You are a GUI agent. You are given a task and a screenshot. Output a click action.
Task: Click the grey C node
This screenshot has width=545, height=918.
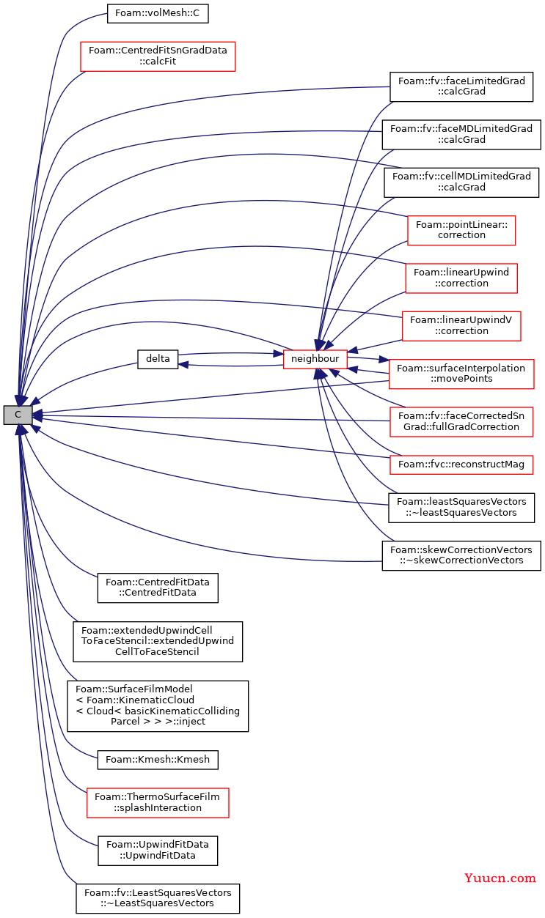[x=18, y=415]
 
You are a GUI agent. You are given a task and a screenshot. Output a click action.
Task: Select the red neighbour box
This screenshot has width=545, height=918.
[x=315, y=359]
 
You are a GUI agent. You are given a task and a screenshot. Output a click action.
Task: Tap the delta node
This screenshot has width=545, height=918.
[x=158, y=359]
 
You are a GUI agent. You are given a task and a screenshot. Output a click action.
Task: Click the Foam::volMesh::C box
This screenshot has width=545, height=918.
[x=158, y=13]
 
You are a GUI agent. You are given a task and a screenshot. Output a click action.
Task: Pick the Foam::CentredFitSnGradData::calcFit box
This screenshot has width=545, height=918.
[x=158, y=56]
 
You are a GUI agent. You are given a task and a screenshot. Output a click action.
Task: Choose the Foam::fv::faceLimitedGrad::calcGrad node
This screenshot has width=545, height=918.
[x=461, y=86]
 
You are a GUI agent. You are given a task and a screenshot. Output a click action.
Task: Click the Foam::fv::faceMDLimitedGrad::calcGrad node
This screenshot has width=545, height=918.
[x=461, y=134]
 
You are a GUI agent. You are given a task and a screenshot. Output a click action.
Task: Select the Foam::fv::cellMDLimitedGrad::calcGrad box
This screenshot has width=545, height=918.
[x=461, y=182]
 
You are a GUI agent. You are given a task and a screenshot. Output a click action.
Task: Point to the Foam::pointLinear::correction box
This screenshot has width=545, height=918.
[x=461, y=230]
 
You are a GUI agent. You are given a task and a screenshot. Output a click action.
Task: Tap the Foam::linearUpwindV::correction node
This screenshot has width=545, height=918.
[x=461, y=326]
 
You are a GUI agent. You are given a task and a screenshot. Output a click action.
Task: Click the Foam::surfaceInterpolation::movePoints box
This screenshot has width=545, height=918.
[x=461, y=374]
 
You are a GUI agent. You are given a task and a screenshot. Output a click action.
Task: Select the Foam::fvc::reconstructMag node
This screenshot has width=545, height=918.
[x=461, y=464]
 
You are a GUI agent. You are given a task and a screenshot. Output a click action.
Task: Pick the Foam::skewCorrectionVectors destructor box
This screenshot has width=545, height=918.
[x=461, y=555]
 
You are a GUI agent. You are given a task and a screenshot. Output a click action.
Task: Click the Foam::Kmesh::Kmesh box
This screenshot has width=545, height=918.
[x=158, y=760]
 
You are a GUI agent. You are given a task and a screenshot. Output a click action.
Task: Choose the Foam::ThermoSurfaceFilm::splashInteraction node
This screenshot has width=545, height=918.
[x=158, y=803]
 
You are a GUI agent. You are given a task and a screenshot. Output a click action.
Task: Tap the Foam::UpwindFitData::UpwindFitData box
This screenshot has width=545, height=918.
[x=158, y=851]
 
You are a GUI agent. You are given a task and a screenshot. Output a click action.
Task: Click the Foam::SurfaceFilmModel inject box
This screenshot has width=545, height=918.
[x=158, y=706]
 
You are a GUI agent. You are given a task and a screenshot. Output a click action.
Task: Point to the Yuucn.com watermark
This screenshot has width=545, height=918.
[x=500, y=878]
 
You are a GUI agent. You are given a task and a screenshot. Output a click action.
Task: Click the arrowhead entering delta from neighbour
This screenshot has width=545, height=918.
[x=183, y=364]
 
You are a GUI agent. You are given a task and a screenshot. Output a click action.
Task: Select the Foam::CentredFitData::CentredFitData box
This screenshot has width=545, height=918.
[x=158, y=588]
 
